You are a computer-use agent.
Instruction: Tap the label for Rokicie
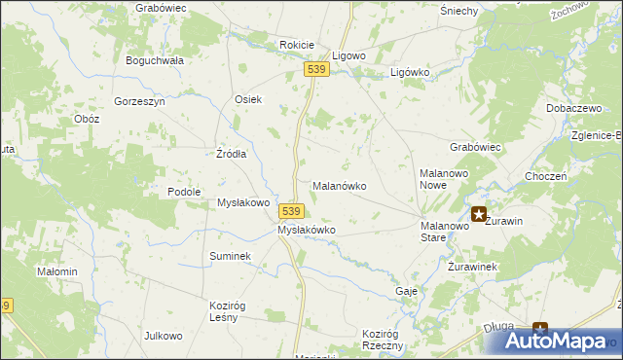click(297, 45)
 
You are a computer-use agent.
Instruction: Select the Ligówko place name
click(410, 73)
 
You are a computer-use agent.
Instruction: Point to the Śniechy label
click(458, 11)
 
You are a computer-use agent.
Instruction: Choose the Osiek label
click(248, 99)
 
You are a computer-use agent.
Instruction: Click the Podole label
click(184, 193)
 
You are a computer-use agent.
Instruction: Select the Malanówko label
click(338, 185)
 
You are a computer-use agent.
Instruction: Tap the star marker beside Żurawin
click(479, 214)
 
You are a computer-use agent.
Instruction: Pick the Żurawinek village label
click(473, 267)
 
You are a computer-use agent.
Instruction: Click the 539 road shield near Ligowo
click(314, 70)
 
